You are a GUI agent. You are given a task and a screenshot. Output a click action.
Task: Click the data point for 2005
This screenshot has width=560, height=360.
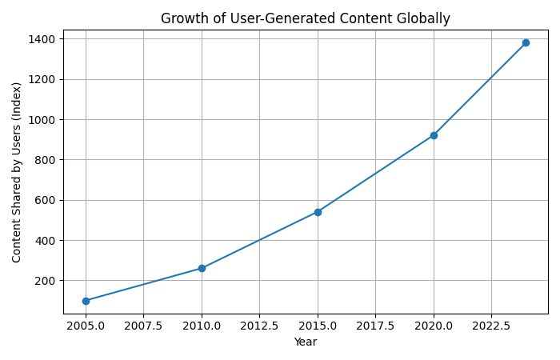click(x=86, y=301)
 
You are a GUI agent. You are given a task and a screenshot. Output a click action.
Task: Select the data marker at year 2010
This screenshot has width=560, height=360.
click(x=202, y=268)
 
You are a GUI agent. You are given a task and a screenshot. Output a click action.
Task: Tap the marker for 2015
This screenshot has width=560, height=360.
click(x=318, y=212)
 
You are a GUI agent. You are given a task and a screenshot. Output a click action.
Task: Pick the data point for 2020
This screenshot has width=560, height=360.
click(x=434, y=135)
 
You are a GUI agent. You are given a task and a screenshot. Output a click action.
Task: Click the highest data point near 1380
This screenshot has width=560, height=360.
click(x=526, y=42)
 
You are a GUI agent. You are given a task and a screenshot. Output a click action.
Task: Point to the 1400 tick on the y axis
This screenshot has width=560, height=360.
click(x=43, y=39)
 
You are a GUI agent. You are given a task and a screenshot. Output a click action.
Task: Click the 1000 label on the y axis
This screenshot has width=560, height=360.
click(x=43, y=119)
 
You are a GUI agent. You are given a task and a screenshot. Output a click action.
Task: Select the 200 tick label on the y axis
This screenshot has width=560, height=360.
click(x=46, y=281)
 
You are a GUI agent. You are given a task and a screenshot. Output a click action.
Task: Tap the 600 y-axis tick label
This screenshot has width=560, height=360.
click(x=46, y=200)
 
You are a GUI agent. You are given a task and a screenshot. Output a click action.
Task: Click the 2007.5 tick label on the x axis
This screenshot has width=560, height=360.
click(x=143, y=326)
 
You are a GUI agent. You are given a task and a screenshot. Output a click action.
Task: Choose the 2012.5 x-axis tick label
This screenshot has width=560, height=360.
click(x=259, y=326)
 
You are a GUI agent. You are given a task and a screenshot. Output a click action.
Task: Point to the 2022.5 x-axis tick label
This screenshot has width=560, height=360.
click(x=491, y=326)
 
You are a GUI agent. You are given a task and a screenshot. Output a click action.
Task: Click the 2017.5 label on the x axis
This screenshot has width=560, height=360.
click(x=375, y=326)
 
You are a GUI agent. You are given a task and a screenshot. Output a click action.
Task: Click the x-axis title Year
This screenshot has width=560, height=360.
click(x=305, y=342)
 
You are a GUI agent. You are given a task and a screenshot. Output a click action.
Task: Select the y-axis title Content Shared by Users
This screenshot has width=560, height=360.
click(x=17, y=172)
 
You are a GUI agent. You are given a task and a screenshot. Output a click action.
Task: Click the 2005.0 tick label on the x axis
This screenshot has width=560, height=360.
click(x=86, y=326)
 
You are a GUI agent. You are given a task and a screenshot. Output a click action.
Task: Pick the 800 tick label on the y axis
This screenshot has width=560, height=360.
click(x=46, y=160)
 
